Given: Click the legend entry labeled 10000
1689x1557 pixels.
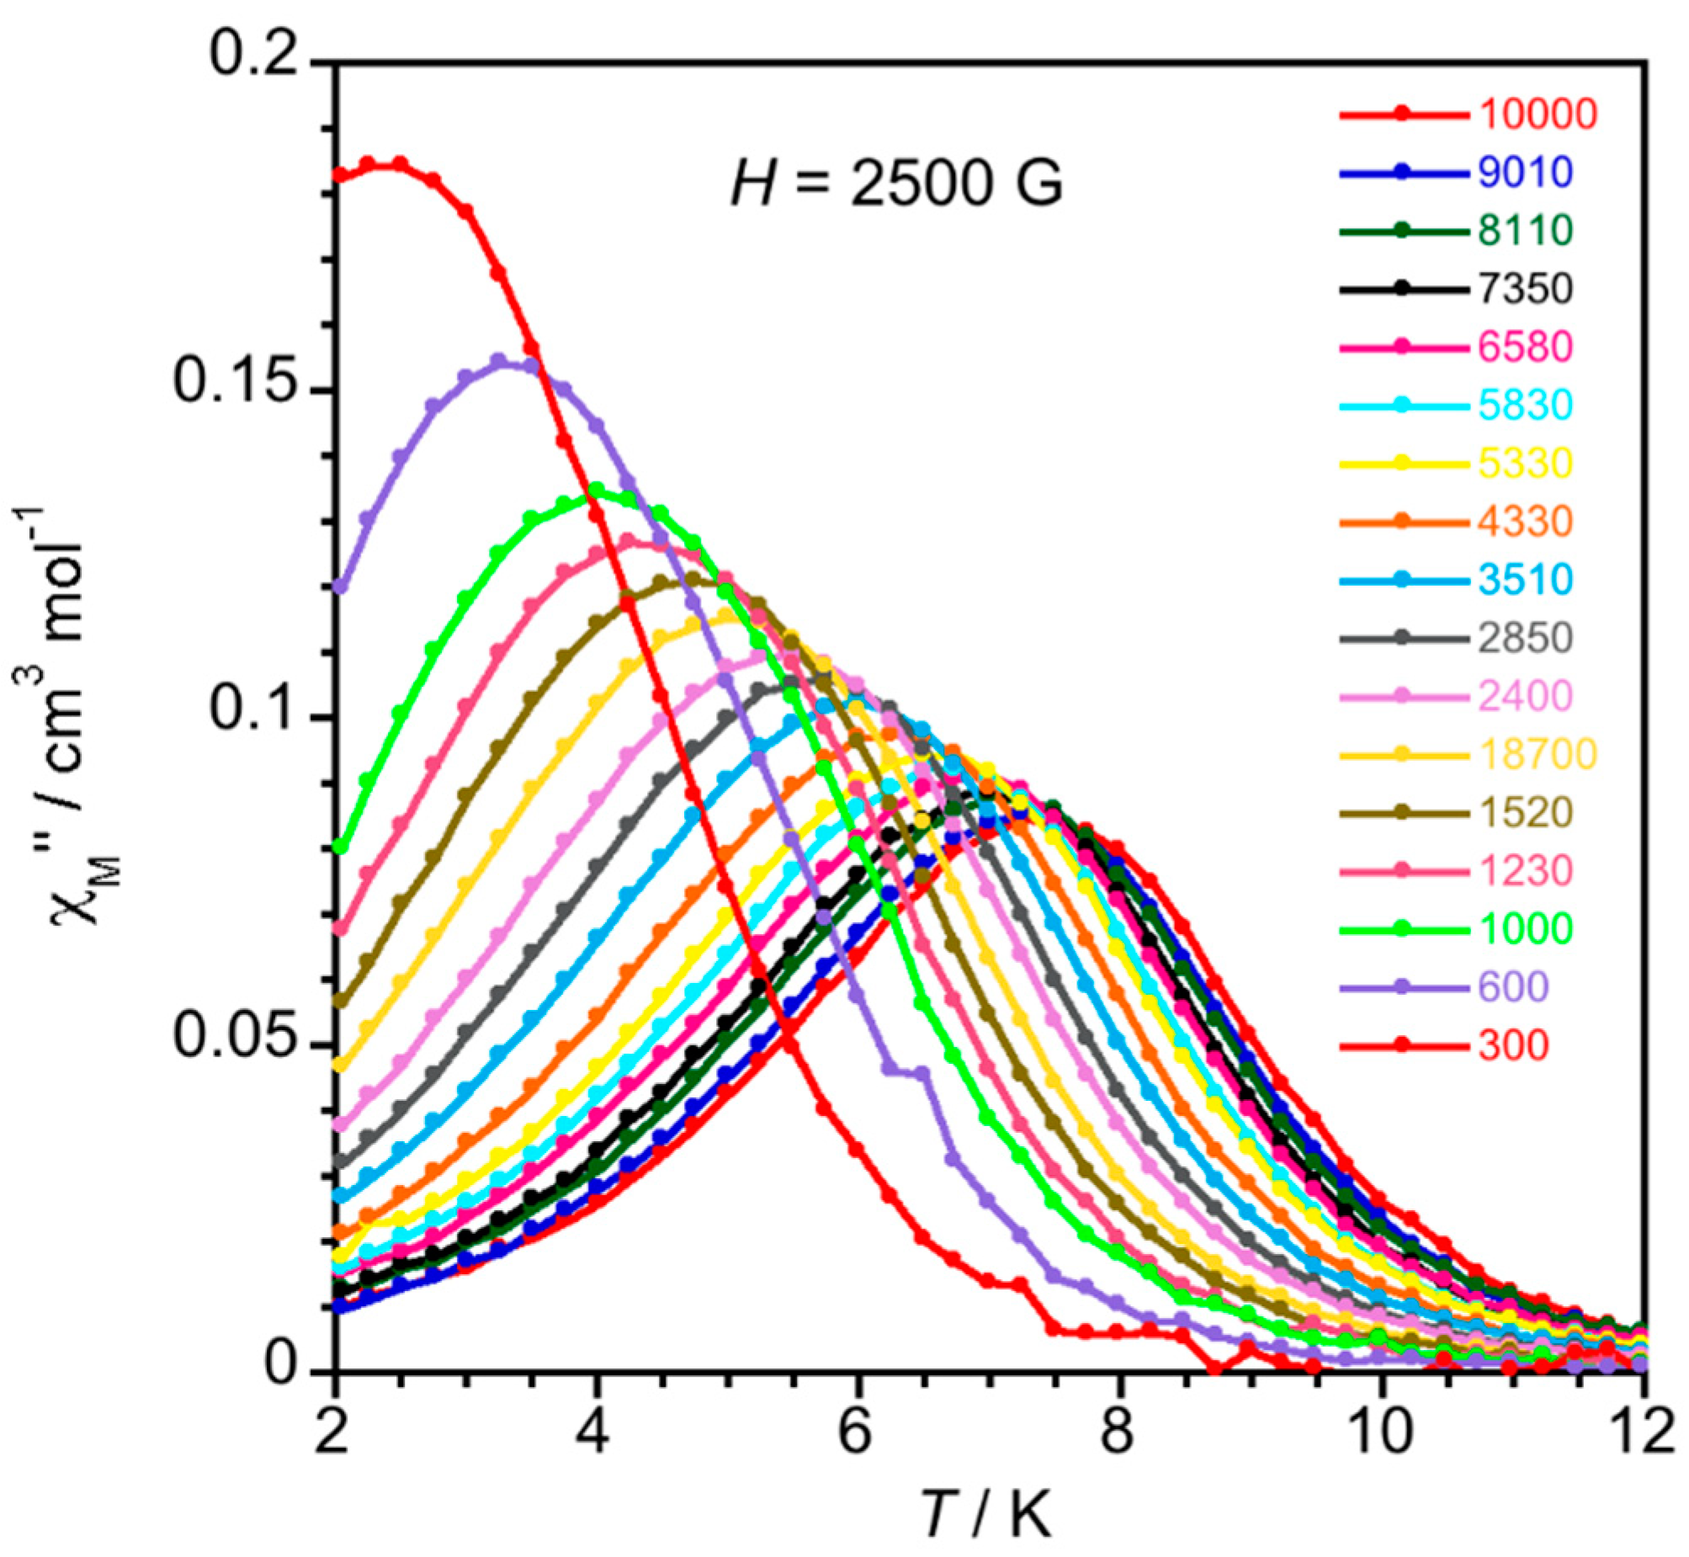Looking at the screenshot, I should pyautogui.click(x=1537, y=114).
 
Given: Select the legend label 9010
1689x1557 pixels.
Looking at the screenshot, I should pyautogui.click(x=1525, y=172).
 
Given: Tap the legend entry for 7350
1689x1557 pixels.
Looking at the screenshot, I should pyautogui.click(x=1525, y=289).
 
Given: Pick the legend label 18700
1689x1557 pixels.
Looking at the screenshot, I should pyautogui.click(x=1537, y=755).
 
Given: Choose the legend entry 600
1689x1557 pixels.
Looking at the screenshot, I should pyautogui.click(x=1513, y=987).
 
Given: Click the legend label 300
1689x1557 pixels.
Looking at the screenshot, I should pyautogui.click(x=1513, y=1045).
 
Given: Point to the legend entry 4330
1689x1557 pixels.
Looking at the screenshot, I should pyautogui.click(x=1525, y=522).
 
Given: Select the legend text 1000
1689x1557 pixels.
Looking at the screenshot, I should pyautogui.click(x=1525, y=929).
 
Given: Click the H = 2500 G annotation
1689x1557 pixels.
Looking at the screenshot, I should pyautogui.click(x=896, y=183).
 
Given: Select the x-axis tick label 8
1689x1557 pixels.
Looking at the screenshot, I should pyautogui.click(x=1117, y=1433).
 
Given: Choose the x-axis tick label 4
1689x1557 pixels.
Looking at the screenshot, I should pyautogui.click(x=595, y=1433).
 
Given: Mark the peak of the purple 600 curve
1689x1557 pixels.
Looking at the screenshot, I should pyautogui.click(x=499, y=360).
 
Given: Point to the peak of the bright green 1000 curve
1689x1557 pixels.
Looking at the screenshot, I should pyautogui.click(x=597, y=489).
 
